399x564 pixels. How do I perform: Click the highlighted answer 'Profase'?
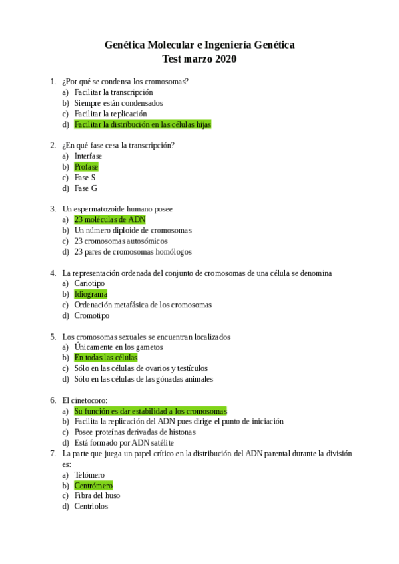click(86, 167)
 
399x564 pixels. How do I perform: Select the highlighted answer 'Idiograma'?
click(91, 294)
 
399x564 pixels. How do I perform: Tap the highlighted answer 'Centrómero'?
click(93, 485)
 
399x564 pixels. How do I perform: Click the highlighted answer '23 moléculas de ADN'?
click(110, 219)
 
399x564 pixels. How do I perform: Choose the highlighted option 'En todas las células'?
click(106, 358)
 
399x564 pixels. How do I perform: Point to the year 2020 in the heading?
click(226, 59)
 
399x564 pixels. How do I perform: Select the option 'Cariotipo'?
click(89, 283)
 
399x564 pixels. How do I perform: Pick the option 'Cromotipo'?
click(92, 315)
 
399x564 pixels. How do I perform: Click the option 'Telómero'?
click(89, 474)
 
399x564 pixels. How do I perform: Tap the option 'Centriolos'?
click(91, 506)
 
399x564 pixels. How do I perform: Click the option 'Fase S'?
click(85, 178)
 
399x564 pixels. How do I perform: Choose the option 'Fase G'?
click(85, 188)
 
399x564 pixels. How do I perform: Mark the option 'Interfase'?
click(88, 156)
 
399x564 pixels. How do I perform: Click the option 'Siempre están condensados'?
click(119, 103)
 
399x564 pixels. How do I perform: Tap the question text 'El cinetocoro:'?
click(85, 400)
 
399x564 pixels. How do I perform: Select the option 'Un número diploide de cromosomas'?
click(133, 230)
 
